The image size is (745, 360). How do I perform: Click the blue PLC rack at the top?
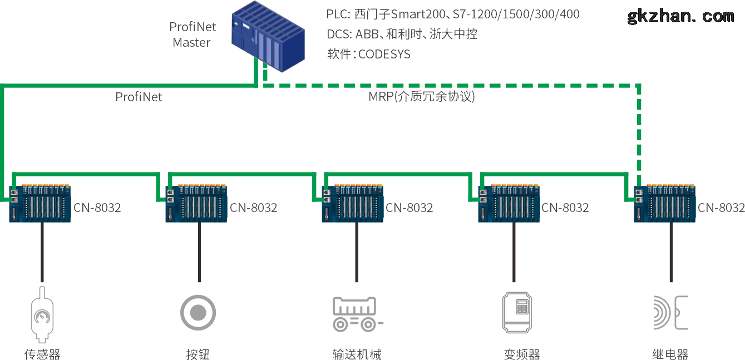(x=269, y=36)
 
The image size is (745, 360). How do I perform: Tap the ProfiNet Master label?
(x=193, y=34)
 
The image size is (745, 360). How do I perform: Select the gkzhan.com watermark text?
(x=680, y=16)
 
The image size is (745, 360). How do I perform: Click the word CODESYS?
(x=384, y=55)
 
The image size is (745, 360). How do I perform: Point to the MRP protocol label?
(x=421, y=96)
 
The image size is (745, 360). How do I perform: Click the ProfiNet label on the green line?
(x=139, y=97)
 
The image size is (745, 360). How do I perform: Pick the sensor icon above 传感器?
(x=42, y=314)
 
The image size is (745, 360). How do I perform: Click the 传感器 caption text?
(x=42, y=354)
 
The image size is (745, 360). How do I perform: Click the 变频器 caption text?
(x=521, y=354)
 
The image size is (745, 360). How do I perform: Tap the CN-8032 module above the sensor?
(x=41, y=204)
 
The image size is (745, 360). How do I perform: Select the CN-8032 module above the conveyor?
(x=353, y=204)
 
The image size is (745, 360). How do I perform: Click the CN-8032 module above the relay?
(x=665, y=204)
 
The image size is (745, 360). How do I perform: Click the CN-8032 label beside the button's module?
(x=254, y=208)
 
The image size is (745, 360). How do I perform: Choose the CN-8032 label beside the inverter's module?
(x=565, y=208)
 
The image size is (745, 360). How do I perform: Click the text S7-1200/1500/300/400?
(x=516, y=14)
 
